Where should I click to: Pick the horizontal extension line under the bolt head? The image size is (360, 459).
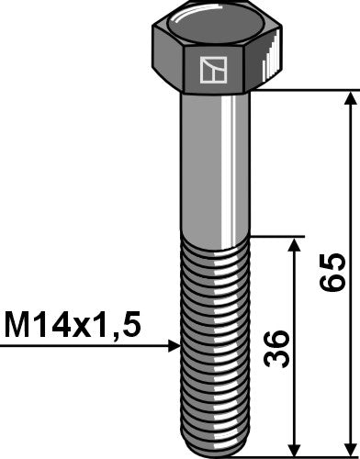303,90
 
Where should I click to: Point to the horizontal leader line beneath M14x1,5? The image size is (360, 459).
83,347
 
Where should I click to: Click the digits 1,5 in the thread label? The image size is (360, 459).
123,326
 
